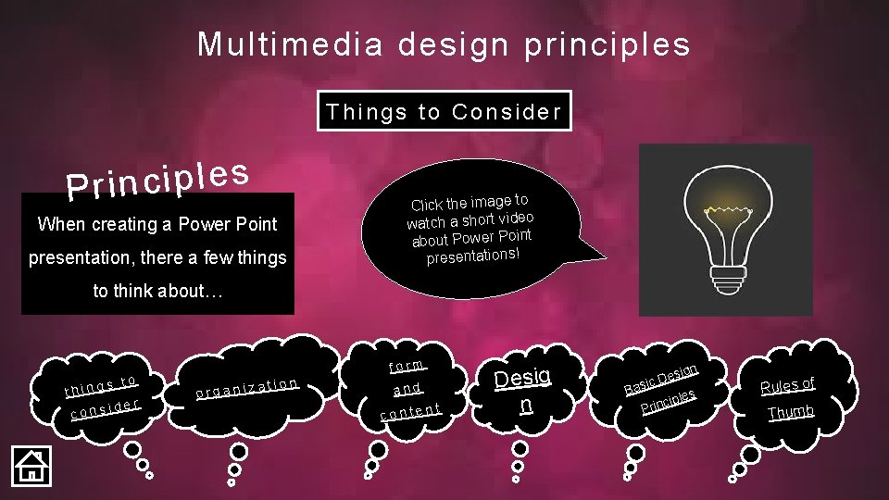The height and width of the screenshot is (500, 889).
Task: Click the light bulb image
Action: coord(725,231)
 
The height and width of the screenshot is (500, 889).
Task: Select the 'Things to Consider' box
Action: coord(444,112)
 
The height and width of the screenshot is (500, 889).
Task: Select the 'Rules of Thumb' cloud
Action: coord(787,397)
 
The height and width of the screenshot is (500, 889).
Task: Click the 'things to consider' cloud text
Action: coord(102,395)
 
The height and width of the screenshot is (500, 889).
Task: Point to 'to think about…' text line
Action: coord(157,291)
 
